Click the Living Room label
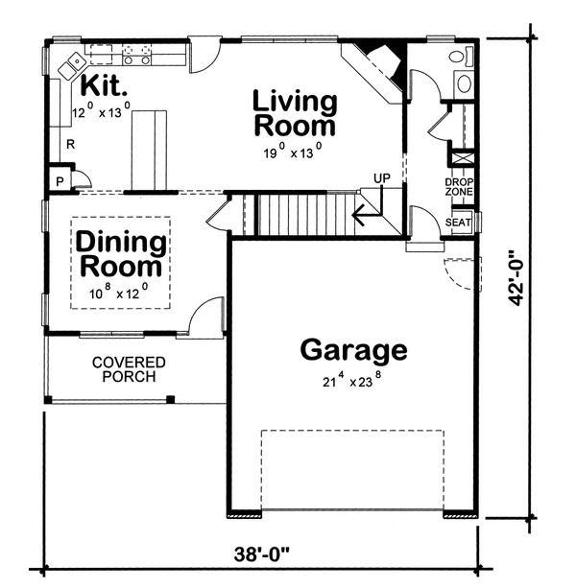[x=295, y=113]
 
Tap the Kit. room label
[x=105, y=84]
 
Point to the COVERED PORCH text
[x=129, y=369]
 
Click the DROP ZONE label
[x=458, y=186]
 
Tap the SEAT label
[x=458, y=223]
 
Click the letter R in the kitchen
[x=70, y=146]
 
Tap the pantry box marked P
[x=60, y=179]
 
